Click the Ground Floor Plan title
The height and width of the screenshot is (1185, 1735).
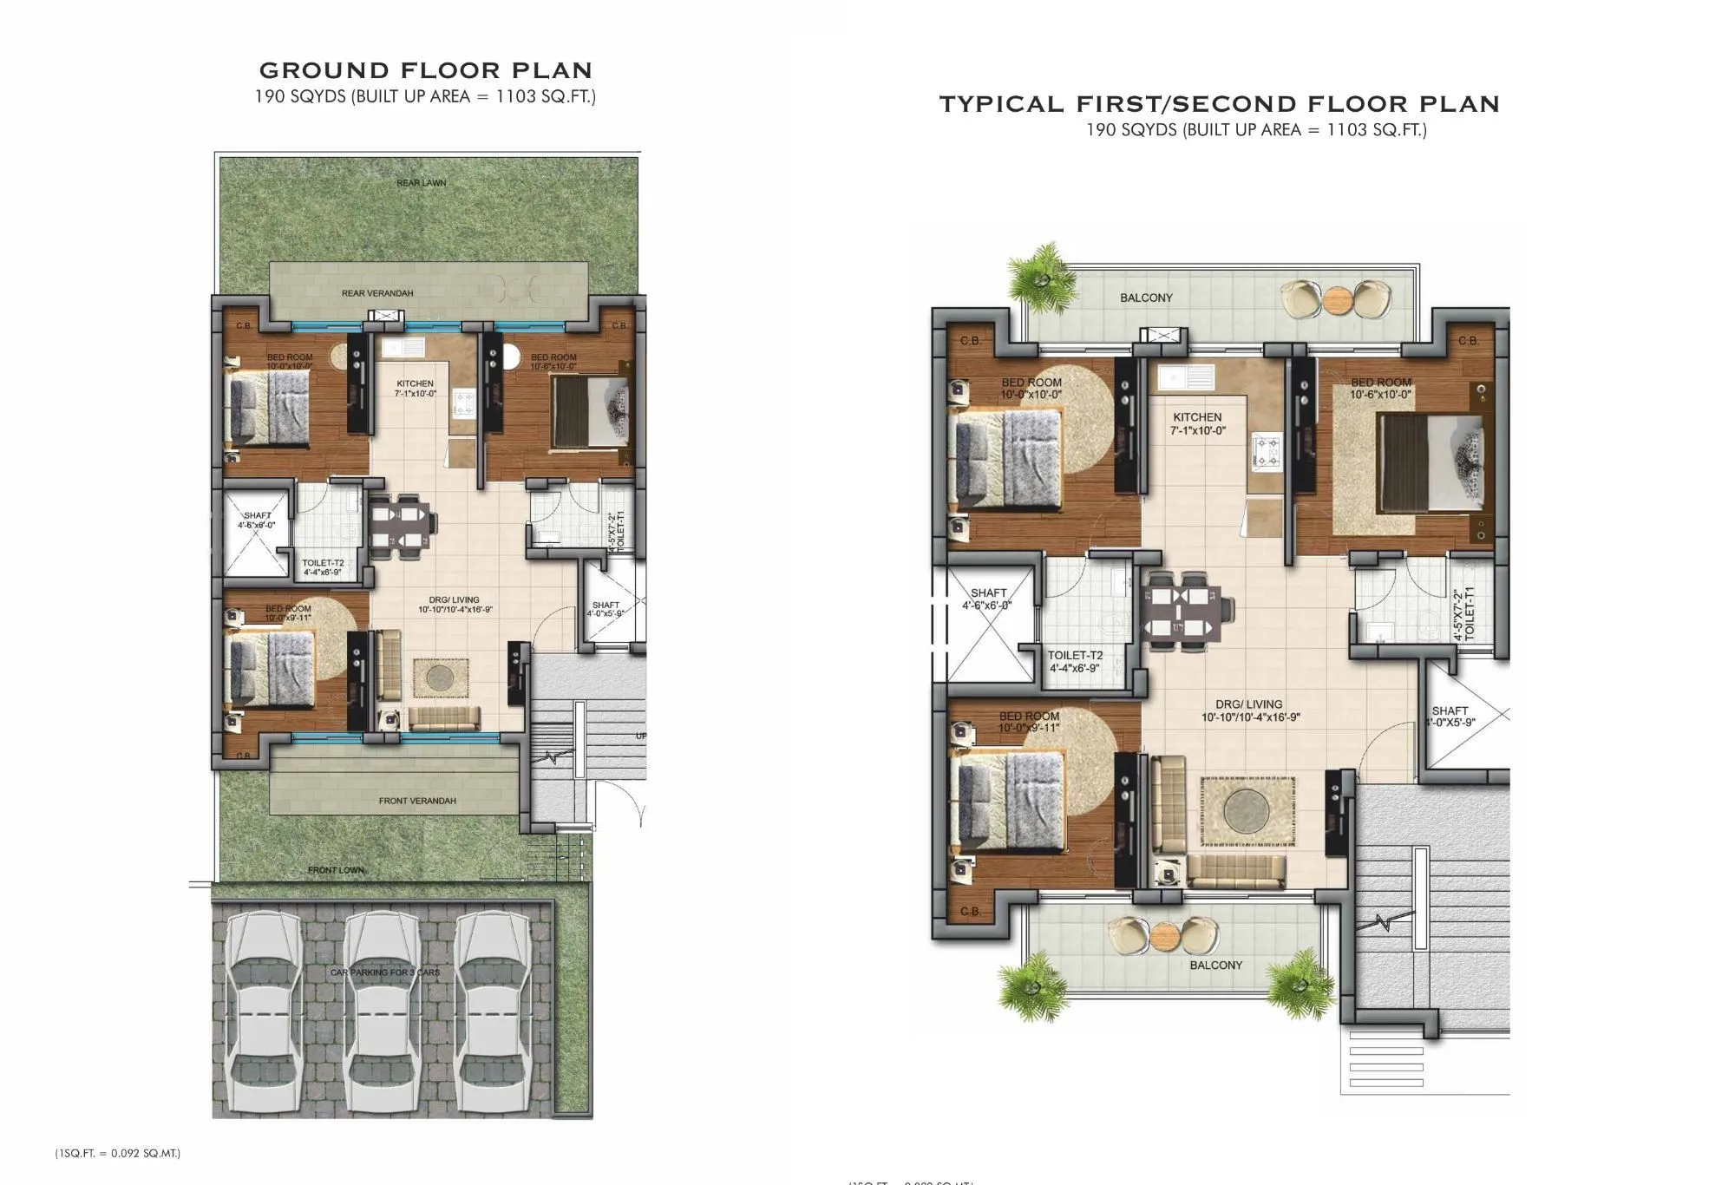425,70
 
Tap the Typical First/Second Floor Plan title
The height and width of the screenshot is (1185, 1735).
1219,104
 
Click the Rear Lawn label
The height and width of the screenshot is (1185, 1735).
421,183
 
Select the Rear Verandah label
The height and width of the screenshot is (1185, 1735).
377,293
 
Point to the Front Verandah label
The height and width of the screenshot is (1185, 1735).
417,801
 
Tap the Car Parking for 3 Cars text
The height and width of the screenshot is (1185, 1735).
385,972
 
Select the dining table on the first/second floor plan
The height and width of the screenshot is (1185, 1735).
1180,612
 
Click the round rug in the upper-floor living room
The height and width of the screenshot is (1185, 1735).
1247,812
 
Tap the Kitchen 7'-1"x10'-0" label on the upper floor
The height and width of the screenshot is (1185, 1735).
1197,423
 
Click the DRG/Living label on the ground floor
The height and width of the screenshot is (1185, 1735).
455,605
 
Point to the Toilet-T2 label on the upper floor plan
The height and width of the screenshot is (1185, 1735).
1075,662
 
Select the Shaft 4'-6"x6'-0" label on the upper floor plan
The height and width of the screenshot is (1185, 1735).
987,599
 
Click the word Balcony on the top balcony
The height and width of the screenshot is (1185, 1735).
1146,298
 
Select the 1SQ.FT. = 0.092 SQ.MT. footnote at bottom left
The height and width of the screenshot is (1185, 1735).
118,1153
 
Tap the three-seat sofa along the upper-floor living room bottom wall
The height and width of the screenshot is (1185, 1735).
1235,870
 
